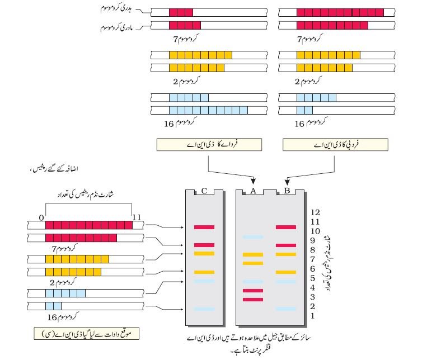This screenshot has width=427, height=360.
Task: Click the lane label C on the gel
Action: (x=204, y=191)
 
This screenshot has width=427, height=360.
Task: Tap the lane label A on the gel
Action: (x=253, y=191)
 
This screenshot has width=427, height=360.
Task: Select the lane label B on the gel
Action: (x=287, y=191)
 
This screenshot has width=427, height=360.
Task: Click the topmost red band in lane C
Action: (x=204, y=227)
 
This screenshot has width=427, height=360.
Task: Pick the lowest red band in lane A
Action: (x=253, y=300)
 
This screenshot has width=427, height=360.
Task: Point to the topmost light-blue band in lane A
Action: (x=253, y=237)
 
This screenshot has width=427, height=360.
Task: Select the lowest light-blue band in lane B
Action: (x=286, y=309)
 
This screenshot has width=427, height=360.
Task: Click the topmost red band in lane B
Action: (x=286, y=227)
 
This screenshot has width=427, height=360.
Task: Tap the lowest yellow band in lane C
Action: (x=204, y=272)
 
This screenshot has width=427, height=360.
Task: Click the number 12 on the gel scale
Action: (x=315, y=212)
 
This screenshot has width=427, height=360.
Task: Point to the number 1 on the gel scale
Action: (x=313, y=316)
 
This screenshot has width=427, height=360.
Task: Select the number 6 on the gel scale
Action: (x=313, y=269)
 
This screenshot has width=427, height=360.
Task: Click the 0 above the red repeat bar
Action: (x=41, y=217)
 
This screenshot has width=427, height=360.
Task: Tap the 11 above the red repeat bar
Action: (x=137, y=217)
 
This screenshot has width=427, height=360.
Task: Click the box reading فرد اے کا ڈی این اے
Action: (x=209, y=144)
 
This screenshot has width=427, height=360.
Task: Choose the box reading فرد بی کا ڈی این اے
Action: (x=336, y=144)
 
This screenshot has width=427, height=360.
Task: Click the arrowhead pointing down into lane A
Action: (x=254, y=181)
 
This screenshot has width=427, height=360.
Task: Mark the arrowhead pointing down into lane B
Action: (x=287, y=182)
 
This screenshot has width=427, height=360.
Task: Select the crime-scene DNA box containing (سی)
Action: (x=87, y=334)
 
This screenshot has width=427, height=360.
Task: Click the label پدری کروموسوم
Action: (x=116, y=9)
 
